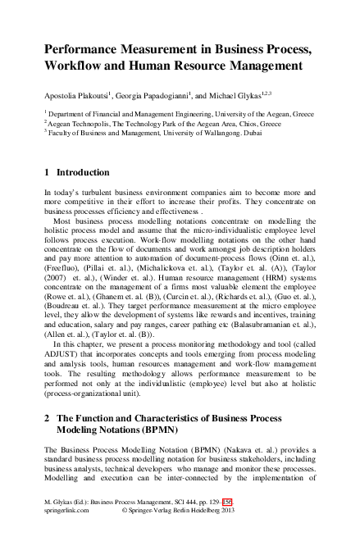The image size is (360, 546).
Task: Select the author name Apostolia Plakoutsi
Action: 78,95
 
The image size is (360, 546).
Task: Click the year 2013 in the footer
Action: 251,532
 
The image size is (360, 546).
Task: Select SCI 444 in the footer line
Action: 186,522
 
